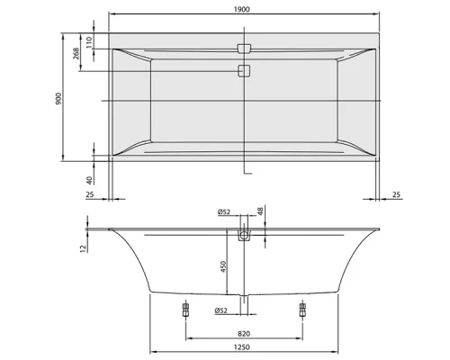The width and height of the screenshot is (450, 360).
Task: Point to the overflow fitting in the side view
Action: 242,237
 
